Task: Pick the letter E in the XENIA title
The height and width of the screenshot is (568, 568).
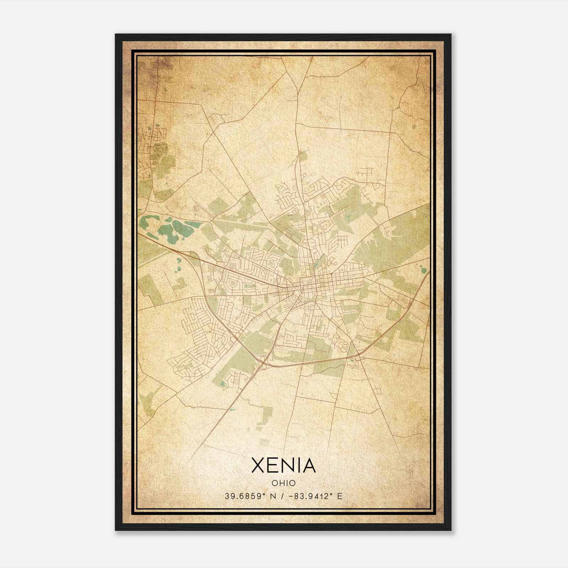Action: tap(272, 465)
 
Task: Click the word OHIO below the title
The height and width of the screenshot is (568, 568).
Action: tap(284, 483)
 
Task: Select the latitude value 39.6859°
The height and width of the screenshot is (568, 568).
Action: tap(245, 496)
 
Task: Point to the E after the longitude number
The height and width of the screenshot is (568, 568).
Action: tap(340, 496)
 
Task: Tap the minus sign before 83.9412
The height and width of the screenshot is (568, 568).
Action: tap(291, 496)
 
